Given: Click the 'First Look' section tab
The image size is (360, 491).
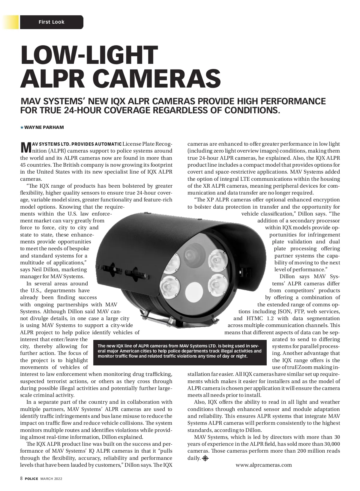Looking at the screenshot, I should pos(51,22).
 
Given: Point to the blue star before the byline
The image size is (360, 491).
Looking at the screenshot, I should pos(22,127).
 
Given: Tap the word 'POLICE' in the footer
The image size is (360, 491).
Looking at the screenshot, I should pos(31,479).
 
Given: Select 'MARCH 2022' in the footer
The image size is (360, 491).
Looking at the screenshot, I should pos(51,479).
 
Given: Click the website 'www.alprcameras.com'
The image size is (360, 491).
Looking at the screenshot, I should pos(264,465).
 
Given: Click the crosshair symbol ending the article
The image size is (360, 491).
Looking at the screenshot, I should pos(205,458).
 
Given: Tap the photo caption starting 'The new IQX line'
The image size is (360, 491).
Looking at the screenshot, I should pos(180,351).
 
